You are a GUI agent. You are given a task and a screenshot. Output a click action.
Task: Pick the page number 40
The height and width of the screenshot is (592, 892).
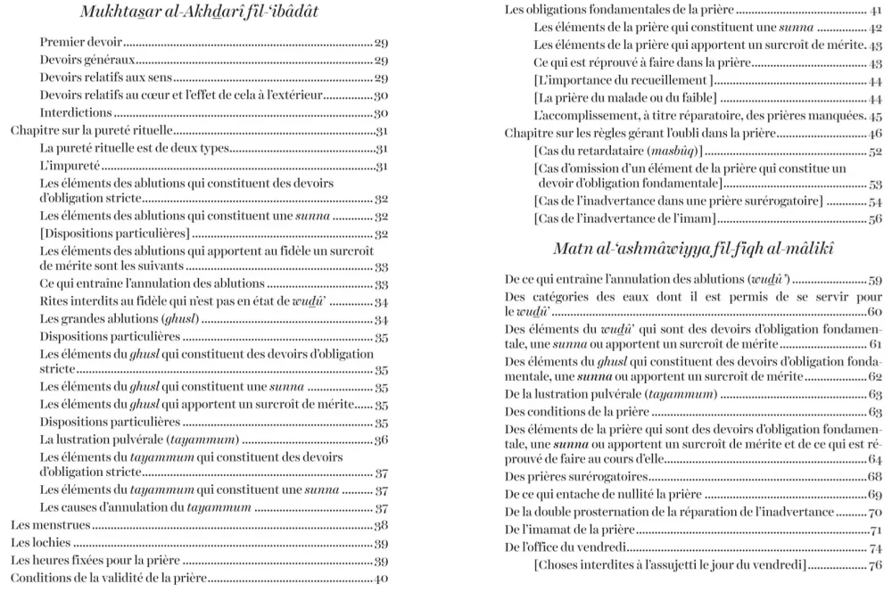click(381, 579)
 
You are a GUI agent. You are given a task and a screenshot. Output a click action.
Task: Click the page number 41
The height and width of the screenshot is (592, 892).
click(875, 11)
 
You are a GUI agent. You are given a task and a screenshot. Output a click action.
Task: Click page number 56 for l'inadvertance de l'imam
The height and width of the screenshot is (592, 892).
click(875, 218)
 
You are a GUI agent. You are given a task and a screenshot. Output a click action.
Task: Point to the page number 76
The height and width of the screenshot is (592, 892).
click(875, 564)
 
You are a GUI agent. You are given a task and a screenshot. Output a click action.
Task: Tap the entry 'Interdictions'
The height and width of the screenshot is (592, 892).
click(76, 113)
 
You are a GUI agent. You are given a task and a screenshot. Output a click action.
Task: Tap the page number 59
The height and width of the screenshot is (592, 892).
click(875, 279)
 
